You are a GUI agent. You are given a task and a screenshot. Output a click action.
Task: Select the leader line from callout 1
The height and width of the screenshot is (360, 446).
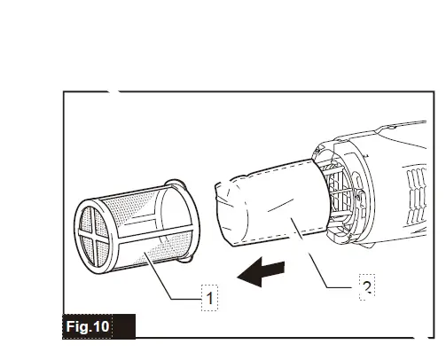pyautogui.click(x=173, y=278)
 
